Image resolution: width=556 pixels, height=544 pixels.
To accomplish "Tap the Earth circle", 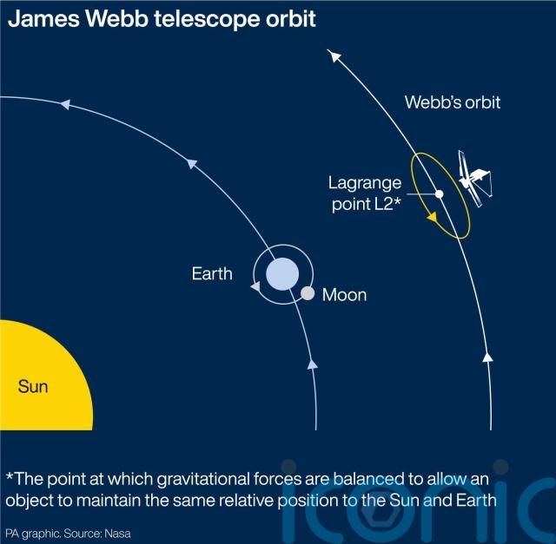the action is coord(282,274).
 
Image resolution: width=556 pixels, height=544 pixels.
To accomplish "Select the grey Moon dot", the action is coord(308,293).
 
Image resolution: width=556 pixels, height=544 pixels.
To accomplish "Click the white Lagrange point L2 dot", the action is coord(440,193).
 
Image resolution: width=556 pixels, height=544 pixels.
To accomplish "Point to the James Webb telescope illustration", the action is coord(474,179).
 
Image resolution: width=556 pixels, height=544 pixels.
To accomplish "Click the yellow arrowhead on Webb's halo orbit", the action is coord(432,217).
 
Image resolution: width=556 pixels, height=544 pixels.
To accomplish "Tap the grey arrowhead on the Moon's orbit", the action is coord(255,286).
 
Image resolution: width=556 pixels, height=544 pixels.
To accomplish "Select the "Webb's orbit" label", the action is coord(453,102).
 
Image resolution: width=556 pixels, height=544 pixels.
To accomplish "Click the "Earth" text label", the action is coord(212,274).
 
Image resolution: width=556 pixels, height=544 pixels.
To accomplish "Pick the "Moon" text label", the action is coord(344,295).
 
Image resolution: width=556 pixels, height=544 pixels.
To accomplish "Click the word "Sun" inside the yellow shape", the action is coord(33,386).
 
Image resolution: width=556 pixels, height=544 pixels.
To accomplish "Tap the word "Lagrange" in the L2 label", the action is coord(365,184).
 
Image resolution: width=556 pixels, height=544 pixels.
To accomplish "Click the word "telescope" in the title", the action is coord(208,19).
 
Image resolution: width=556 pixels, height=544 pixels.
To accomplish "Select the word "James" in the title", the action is coord(43,19).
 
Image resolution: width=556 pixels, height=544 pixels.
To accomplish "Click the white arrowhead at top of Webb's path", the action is coord(334,56).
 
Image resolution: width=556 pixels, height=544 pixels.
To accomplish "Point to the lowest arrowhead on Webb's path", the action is coord(488,357).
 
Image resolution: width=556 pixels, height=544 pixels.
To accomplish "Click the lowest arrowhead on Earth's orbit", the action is coord(312,364).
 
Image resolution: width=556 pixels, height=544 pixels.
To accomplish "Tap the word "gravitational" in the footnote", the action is coord(203,480).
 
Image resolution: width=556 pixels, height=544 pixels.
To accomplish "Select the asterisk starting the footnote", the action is coord(10,475).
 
